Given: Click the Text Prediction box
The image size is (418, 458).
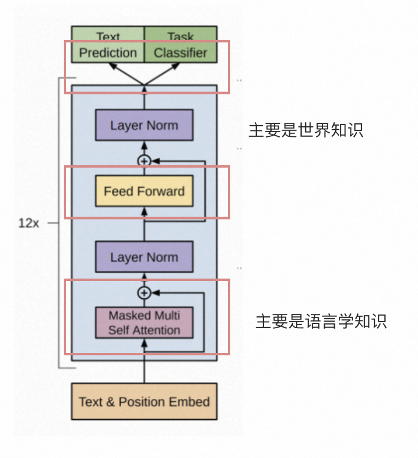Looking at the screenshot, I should [x=108, y=45].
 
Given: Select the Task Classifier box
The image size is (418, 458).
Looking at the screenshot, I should [x=181, y=45].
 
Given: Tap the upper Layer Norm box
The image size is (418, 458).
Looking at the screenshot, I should [x=144, y=125].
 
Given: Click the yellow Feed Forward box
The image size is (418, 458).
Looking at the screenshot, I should [x=144, y=191].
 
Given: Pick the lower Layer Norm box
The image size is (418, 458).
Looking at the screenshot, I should [x=144, y=257].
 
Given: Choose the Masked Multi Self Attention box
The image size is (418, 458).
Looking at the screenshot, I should [x=144, y=322].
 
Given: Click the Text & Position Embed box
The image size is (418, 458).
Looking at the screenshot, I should [x=144, y=402].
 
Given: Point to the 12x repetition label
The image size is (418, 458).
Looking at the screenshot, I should [x=28, y=224].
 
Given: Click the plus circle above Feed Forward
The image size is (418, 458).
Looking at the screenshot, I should [x=144, y=160].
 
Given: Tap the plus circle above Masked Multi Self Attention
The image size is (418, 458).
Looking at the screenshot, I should [x=144, y=292].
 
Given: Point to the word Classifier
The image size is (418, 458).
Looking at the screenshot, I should [x=181, y=53].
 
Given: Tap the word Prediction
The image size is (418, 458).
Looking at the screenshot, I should [x=108, y=53].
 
